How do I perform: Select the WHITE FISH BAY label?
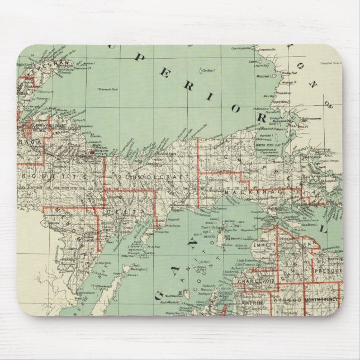point(268,144)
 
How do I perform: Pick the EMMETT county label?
point(264,245)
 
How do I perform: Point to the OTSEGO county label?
point(287,300)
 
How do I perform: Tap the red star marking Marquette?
point(92,150)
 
